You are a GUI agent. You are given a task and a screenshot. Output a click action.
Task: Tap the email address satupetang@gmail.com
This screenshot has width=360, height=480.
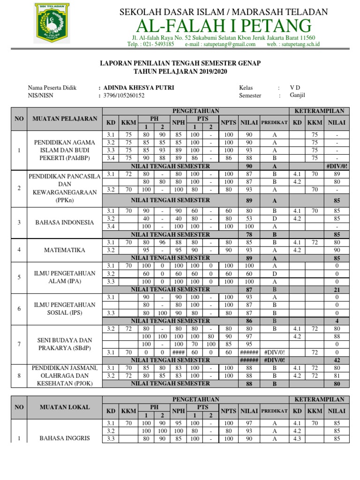pyautogui.click(x=228, y=45)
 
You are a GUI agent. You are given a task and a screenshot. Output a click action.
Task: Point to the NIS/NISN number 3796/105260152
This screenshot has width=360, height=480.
pyautogui.click(x=124, y=96)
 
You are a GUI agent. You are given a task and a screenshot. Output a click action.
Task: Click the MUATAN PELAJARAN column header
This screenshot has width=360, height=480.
pyautogui.click(x=65, y=119)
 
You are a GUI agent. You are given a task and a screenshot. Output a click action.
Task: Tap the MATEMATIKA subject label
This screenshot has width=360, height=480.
pyautogui.click(x=65, y=250)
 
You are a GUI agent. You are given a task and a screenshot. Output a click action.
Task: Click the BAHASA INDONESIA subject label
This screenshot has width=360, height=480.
pyautogui.click(x=65, y=222)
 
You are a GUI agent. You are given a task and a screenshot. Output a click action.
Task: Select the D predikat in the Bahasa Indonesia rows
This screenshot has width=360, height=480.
pyautogui.click(x=275, y=218)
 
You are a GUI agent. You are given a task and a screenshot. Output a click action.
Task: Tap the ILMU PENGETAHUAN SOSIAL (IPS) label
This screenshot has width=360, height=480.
pyautogui.click(x=65, y=309)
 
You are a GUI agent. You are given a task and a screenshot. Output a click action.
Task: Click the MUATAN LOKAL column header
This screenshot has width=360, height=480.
pyautogui.click(x=65, y=407)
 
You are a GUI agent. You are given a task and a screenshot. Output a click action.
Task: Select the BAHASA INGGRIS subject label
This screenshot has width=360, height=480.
pyautogui.click(x=65, y=438)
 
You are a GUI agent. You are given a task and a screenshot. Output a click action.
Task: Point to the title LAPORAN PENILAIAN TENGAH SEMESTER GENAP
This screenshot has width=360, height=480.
pyautogui.click(x=181, y=63)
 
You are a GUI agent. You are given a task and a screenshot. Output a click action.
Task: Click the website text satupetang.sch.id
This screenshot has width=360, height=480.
pyautogui.click(x=300, y=45)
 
